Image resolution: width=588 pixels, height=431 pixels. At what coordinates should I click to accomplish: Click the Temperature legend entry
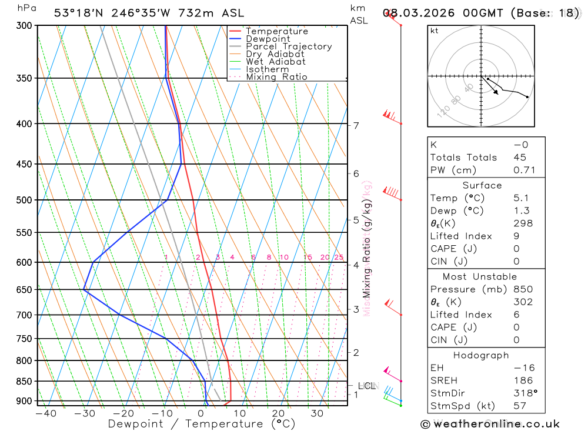click(276, 31)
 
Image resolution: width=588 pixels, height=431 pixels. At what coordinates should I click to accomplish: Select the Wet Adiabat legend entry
click(275, 62)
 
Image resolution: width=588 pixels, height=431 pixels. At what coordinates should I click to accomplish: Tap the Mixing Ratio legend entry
click(276, 77)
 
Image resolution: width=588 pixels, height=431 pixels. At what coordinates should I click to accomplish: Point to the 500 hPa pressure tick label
click(24, 200)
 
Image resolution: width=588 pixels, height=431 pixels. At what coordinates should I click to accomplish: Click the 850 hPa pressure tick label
click(24, 381)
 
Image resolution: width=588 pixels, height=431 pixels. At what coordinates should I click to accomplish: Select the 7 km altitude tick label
click(356, 125)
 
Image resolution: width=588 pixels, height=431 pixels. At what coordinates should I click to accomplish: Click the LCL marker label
click(366, 386)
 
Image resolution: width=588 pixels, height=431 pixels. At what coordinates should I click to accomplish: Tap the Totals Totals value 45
click(519, 158)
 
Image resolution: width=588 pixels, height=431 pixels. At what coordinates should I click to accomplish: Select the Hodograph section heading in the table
click(486, 355)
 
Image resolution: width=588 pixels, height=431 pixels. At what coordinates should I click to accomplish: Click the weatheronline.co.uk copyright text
click(490, 423)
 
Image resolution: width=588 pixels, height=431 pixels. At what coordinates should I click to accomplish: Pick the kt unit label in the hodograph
click(435, 31)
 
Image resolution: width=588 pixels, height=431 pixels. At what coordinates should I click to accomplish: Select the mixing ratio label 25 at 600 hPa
click(339, 257)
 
